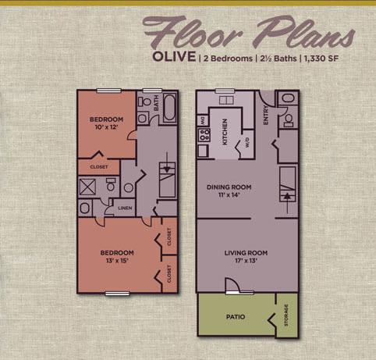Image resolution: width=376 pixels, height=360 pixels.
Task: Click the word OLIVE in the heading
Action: (174, 58)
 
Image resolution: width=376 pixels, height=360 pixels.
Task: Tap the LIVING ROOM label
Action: (246, 252)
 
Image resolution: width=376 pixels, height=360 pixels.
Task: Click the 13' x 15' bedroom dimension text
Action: (118, 262)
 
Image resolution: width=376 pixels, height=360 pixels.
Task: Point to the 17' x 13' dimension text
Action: (246, 262)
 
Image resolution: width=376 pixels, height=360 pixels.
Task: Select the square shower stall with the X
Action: (87, 187)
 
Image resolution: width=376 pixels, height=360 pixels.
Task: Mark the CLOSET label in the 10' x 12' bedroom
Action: (99, 167)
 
